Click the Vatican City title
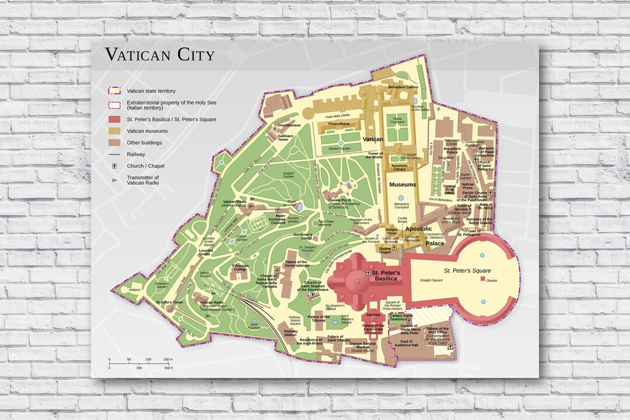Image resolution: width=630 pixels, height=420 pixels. pos(160,55)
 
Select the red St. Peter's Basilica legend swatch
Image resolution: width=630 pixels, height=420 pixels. pos(114,119)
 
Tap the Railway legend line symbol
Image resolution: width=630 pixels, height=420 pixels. pos(114,155)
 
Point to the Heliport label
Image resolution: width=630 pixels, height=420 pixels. pos(135,289)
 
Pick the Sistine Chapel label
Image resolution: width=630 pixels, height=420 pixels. pos(385,251)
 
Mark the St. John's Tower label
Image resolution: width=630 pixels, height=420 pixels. pos(169,302)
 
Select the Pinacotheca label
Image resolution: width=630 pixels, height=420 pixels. pos(339,124)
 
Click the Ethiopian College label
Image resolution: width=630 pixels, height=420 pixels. pos(240,268)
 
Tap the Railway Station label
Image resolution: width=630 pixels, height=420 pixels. pos(290,333)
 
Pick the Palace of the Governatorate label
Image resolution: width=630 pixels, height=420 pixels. pos(297,264)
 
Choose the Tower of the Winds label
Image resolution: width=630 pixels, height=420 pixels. pos(374,155)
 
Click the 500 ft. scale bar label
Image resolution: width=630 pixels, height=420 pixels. pos(169,368)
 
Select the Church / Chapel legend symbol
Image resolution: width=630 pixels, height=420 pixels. pos(114,166)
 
